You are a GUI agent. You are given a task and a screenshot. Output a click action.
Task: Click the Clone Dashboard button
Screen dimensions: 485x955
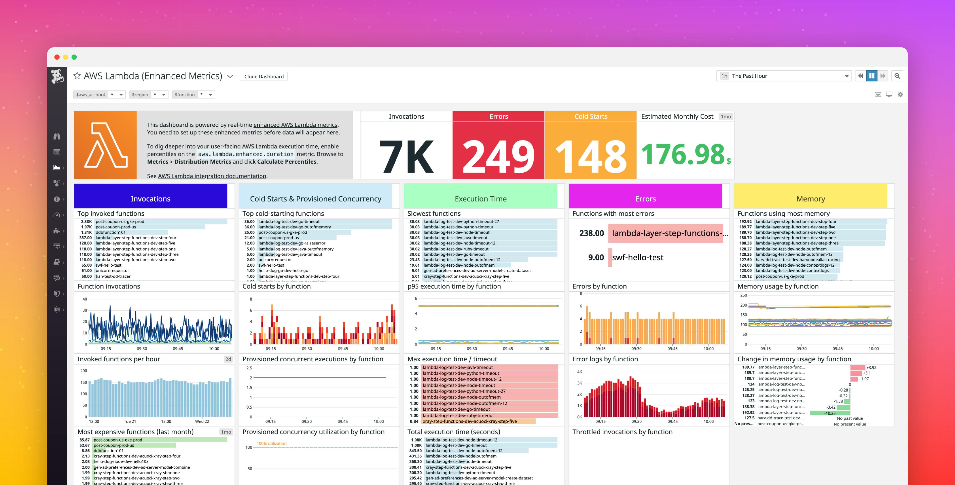tap(264, 76)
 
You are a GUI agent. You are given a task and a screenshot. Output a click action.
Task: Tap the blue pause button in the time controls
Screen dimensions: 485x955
tap(872, 76)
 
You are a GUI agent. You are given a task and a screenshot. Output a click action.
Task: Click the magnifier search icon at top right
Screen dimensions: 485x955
tap(897, 76)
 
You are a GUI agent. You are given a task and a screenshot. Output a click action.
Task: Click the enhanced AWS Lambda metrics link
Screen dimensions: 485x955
tap(295, 125)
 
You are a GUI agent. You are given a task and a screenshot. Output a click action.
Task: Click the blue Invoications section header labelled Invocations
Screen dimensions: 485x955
tap(151, 199)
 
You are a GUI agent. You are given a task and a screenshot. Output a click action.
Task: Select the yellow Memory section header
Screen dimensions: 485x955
tap(810, 199)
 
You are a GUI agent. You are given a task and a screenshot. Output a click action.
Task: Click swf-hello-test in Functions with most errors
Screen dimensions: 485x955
tap(638, 257)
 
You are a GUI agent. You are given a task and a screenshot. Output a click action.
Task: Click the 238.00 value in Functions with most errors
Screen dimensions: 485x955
tap(591, 233)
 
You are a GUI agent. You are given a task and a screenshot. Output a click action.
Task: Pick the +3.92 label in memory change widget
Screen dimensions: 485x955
tap(871, 367)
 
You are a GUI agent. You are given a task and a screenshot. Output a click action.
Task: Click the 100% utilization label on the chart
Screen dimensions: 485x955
tap(271, 444)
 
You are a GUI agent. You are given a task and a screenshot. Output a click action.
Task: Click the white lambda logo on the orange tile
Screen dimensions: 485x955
tap(106, 145)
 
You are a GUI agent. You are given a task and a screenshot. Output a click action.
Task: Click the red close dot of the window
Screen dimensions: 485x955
tap(57, 57)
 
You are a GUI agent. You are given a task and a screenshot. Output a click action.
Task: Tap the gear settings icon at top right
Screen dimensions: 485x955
tap(900, 94)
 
